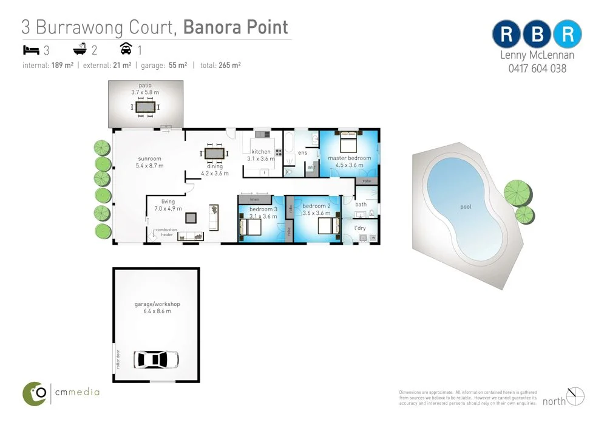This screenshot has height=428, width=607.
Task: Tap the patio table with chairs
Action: tap(145, 107)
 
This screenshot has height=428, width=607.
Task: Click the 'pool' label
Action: tap(466, 207)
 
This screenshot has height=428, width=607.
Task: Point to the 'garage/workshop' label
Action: tap(157, 304)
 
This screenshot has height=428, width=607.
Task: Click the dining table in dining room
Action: tap(214, 153)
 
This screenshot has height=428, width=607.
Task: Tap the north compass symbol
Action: tap(575, 396)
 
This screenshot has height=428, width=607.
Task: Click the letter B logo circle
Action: tap(537, 35)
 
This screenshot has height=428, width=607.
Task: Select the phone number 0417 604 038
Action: tap(537, 69)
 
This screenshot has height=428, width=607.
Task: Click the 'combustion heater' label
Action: tap(166, 231)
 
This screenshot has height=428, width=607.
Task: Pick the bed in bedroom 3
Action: tap(251, 227)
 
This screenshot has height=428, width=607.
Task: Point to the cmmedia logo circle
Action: tap(35, 393)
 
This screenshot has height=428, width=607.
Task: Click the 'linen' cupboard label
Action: tap(255, 199)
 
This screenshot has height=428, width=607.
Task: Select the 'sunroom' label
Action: tap(149, 158)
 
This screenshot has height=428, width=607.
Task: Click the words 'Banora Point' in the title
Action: tap(236, 27)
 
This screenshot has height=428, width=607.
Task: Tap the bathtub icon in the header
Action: tap(80, 49)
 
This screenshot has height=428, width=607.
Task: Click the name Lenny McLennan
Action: tap(537, 56)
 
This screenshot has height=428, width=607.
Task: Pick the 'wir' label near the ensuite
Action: tap(310, 166)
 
